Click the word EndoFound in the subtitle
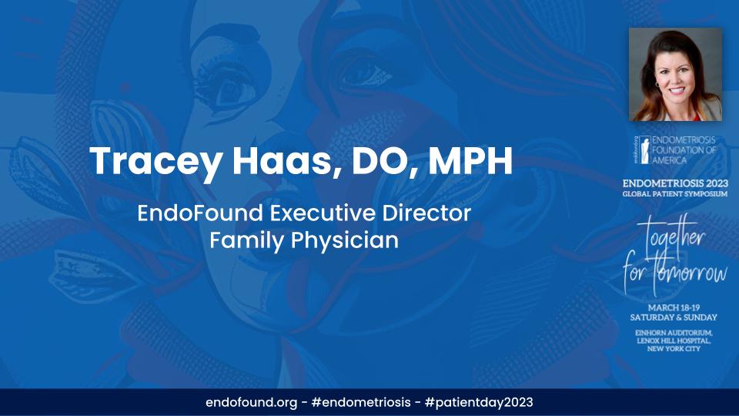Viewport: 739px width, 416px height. pyautogui.click(x=189, y=212)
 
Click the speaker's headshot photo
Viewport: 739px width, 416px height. pyautogui.click(x=675, y=75)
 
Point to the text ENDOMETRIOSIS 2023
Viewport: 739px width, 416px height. pyautogui.click(x=675, y=183)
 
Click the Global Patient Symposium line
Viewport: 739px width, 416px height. pyautogui.click(x=675, y=193)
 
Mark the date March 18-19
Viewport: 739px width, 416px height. pyautogui.click(x=675, y=307)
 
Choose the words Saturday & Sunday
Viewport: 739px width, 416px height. pyautogui.click(x=675, y=317)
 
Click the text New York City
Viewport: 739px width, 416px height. pyautogui.click(x=675, y=349)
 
